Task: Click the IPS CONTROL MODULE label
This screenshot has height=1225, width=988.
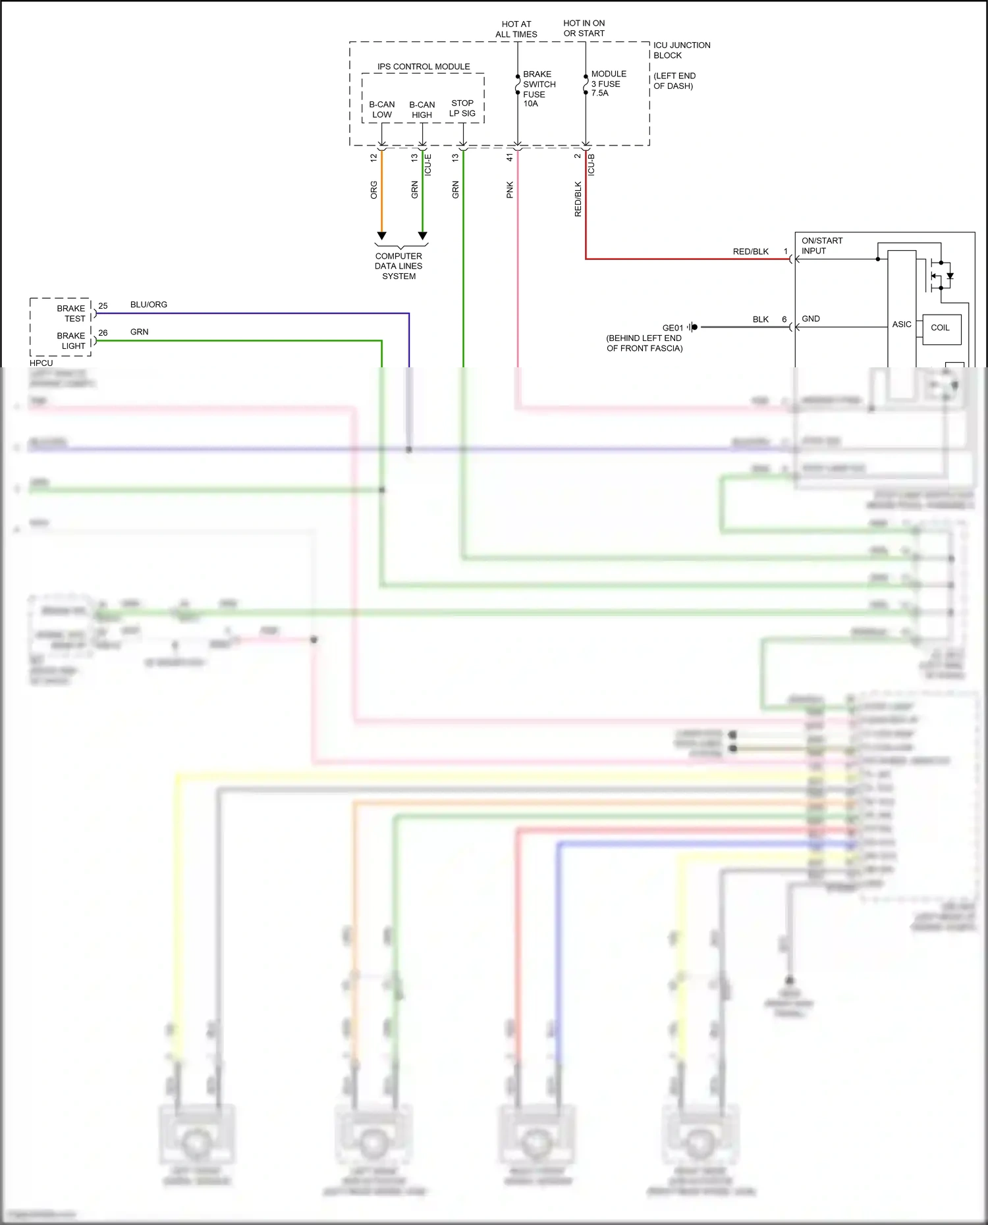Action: click(424, 66)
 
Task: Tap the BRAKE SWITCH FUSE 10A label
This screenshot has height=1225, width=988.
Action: click(538, 89)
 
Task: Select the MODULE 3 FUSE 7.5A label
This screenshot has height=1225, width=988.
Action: click(608, 84)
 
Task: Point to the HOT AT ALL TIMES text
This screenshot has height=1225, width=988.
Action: click(516, 29)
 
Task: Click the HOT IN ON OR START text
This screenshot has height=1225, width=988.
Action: click(584, 28)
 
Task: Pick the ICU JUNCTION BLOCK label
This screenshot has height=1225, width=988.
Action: click(681, 50)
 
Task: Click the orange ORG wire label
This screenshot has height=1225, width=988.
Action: click(373, 190)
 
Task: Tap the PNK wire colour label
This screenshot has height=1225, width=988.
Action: click(509, 190)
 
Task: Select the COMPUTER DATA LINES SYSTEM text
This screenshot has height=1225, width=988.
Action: click(398, 266)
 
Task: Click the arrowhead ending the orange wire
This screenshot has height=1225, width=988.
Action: click(381, 236)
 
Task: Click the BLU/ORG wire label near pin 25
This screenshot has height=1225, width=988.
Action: click(148, 305)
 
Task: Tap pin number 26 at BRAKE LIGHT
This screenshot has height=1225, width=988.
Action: click(103, 333)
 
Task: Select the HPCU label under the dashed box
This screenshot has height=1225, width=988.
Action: click(41, 363)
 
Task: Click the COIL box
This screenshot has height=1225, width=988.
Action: click(941, 328)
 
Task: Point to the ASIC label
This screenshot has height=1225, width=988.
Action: click(901, 325)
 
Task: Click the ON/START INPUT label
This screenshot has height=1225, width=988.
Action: click(821, 246)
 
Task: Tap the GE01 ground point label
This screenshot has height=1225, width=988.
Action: click(672, 328)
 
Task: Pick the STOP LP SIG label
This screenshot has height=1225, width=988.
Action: click(462, 108)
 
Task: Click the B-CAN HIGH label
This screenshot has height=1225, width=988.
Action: click(422, 110)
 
